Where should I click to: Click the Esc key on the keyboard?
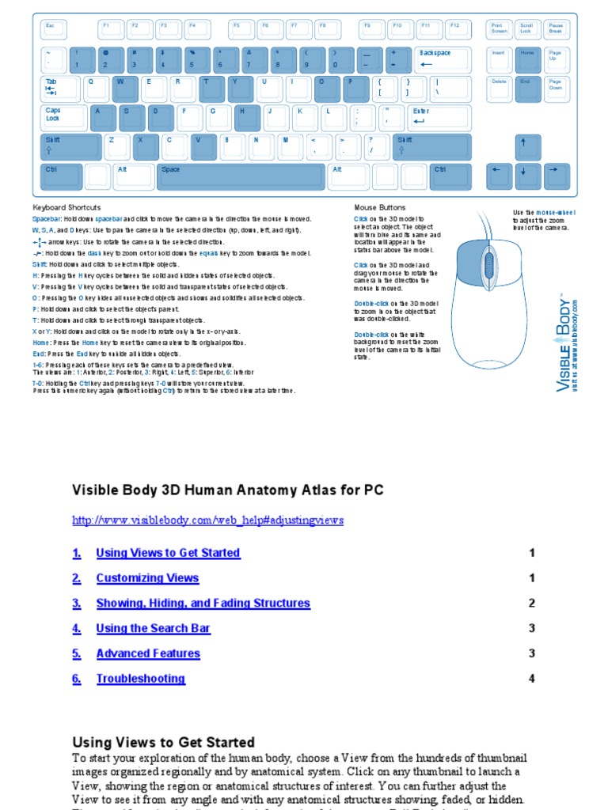pyautogui.click(x=54, y=30)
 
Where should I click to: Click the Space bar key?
pyautogui.click(x=240, y=176)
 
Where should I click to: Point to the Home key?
pyautogui.click(x=526, y=59)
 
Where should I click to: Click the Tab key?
pyautogui.click(x=60, y=88)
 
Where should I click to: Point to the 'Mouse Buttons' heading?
pyautogui.click(x=379, y=207)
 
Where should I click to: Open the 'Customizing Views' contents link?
pyautogui.click(x=147, y=578)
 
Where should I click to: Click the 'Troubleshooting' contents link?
pyautogui.click(x=140, y=679)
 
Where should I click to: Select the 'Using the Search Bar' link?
pyautogui.click(x=153, y=628)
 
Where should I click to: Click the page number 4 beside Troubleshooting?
pyautogui.click(x=532, y=679)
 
